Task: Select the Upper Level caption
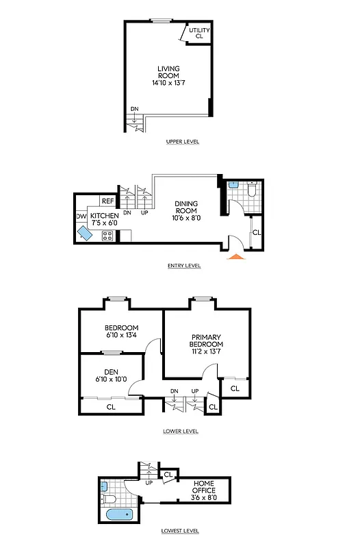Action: pyautogui.click(x=182, y=142)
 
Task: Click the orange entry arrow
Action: pyautogui.click(x=235, y=257)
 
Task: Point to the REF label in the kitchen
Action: pyautogui.click(x=107, y=201)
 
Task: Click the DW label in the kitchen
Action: pyautogui.click(x=80, y=216)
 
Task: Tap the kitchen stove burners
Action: pyautogui.click(x=107, y=236)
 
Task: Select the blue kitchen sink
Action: pyautogui.click(x=86, y=234)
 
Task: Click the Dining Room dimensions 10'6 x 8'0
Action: pyautogui.click(x=186, y=219)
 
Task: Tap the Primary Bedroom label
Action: pyautogui.click(x=207, y=340)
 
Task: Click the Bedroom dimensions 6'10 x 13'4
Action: pyautogui.click(x=121, y=335)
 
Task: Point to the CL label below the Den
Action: pyautogui.click(x=111, y=407)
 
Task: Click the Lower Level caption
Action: pyautogui.click(x=181, y=431)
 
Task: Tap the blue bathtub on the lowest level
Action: pyautogui.click(x=120, y=514)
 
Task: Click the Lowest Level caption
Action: pyautogui.click(x=181, y=530)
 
